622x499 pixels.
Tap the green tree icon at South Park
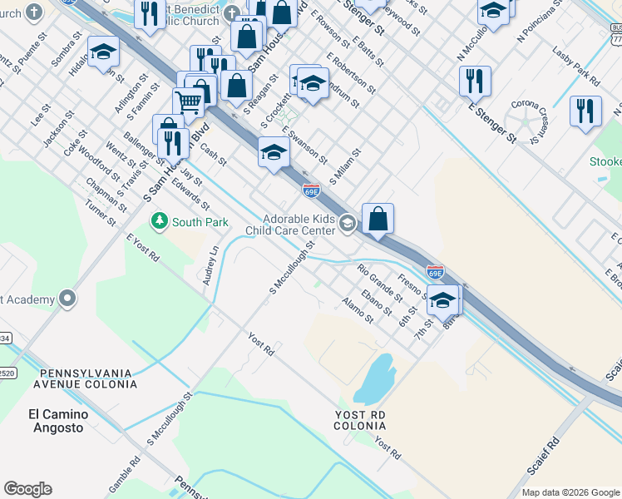point(158,221)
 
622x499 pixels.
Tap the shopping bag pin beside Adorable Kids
point(378,220)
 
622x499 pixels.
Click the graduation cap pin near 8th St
point(442,299)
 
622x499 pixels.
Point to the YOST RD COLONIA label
point(360,419)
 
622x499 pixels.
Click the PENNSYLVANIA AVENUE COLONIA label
point(84,378)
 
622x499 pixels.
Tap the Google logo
point(27,489)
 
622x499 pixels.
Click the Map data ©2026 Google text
point(570,492)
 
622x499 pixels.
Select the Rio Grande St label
point(379,280)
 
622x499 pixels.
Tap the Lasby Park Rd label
point(580,72)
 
